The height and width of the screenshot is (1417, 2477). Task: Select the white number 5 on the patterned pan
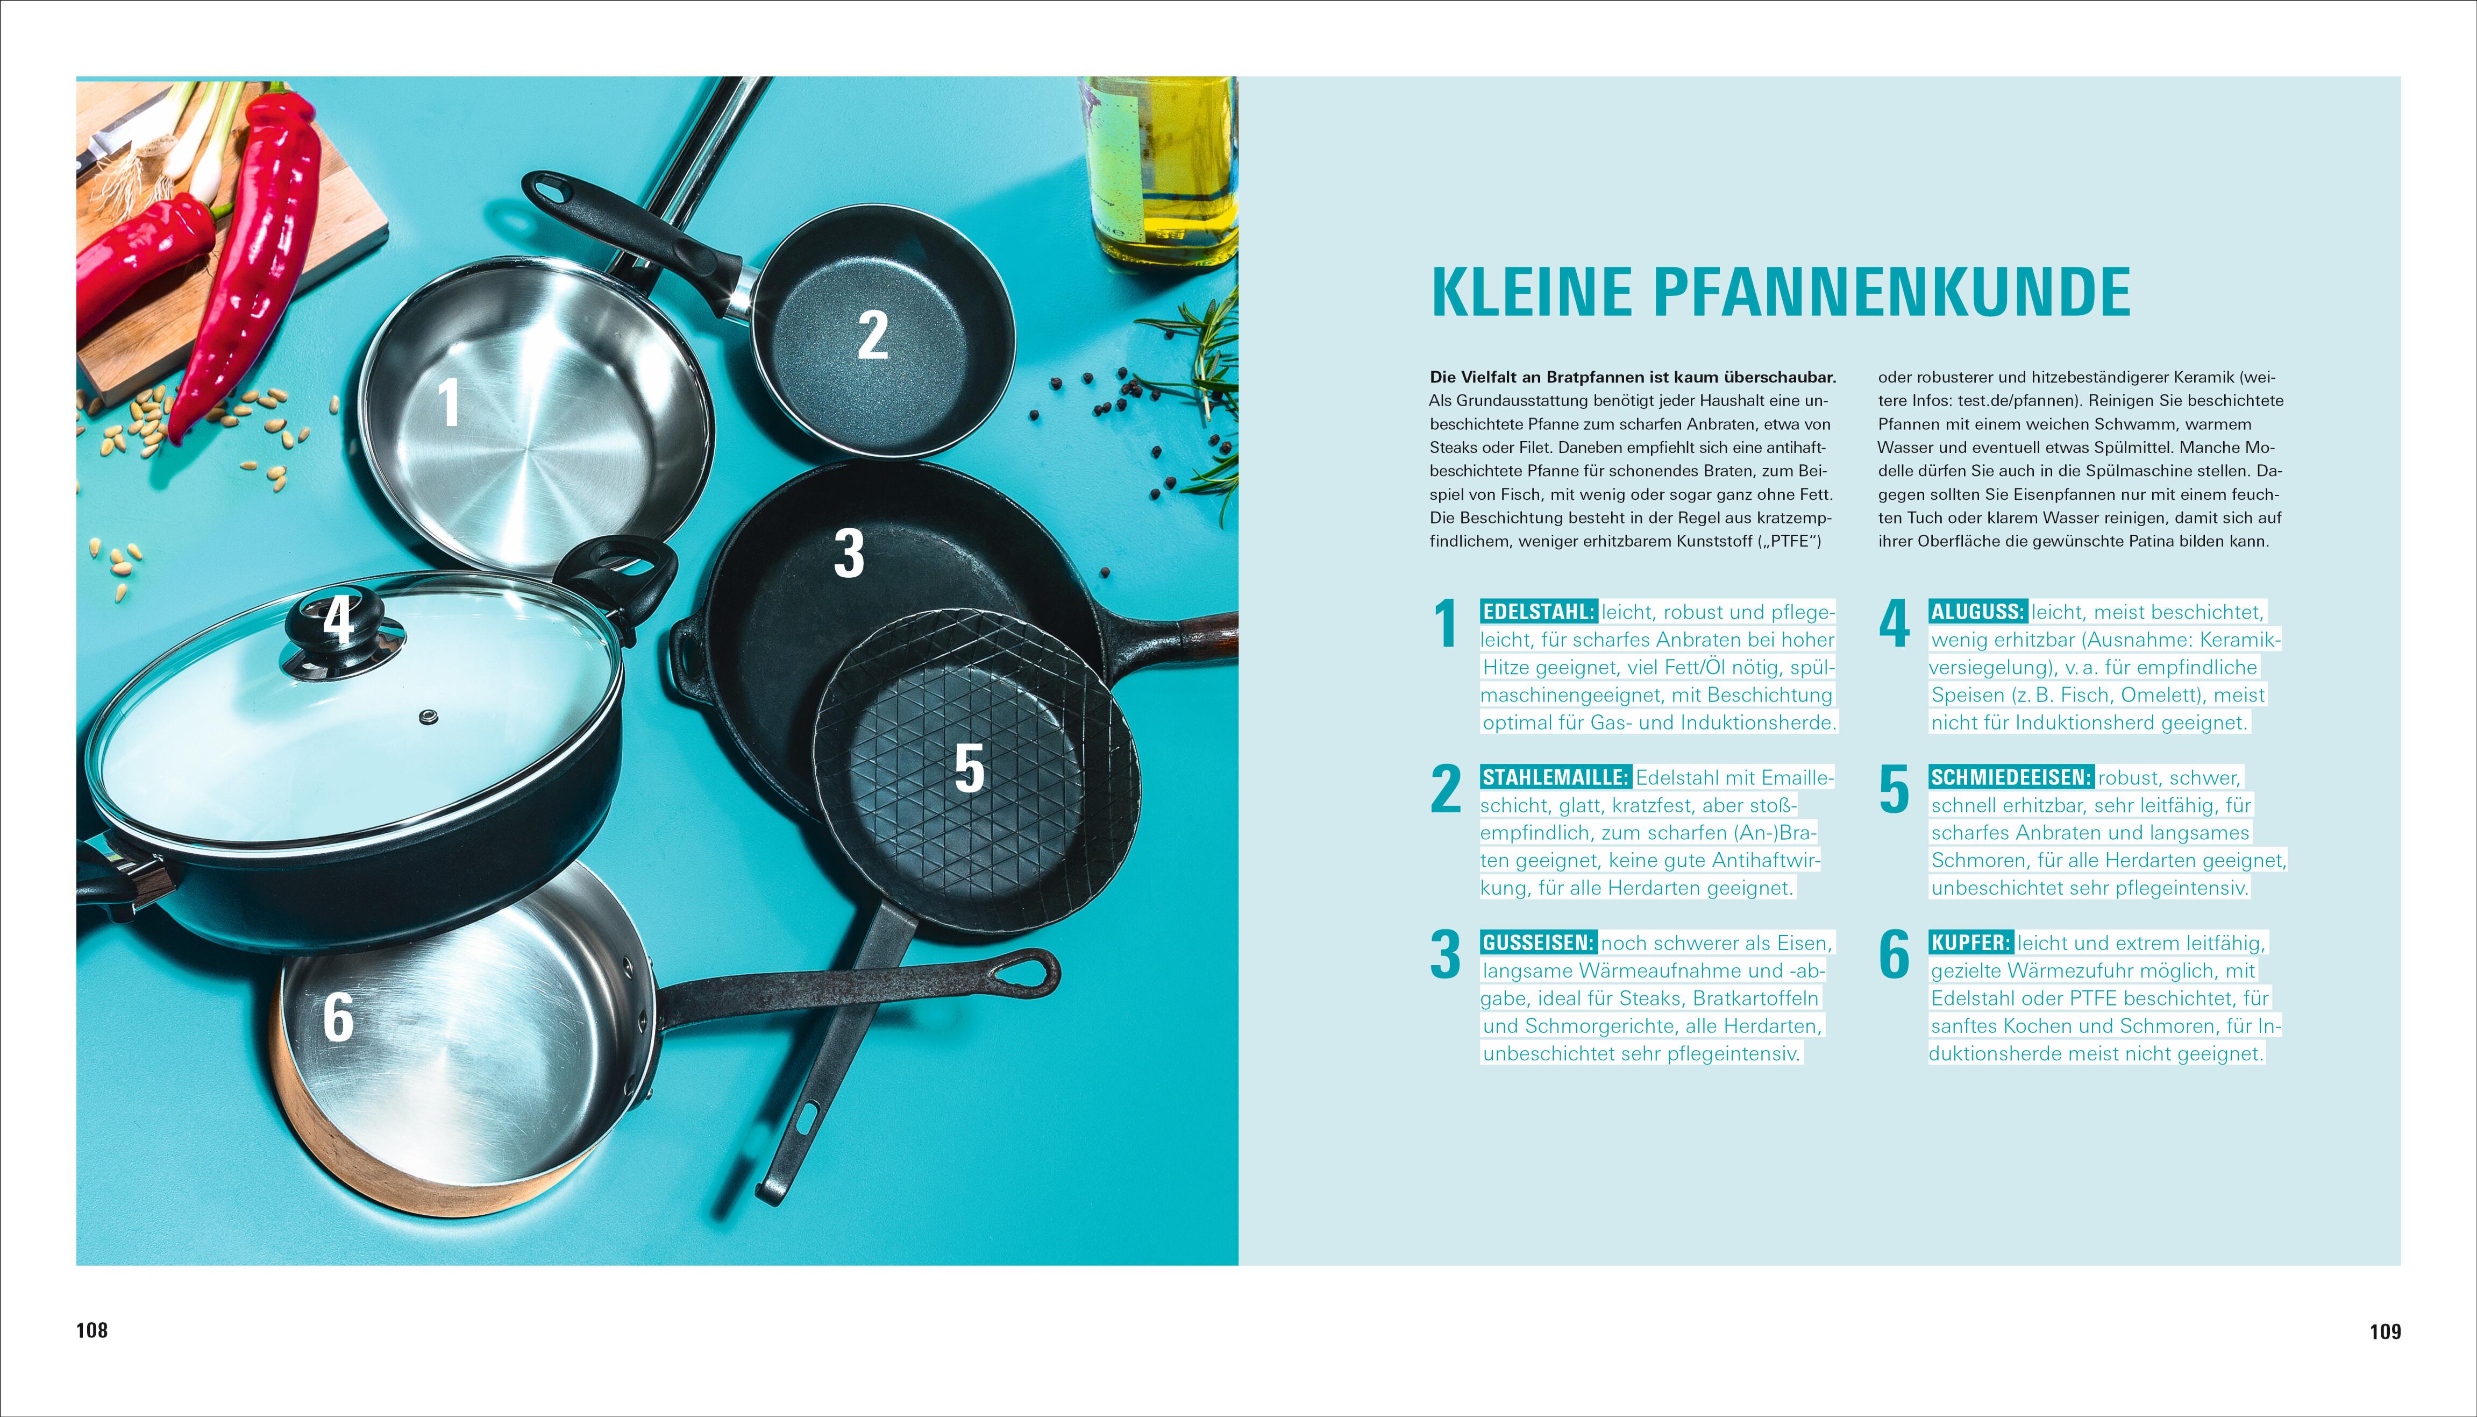(x=969, y=769)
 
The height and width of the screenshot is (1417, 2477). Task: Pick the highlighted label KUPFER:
(x=1970, y=943)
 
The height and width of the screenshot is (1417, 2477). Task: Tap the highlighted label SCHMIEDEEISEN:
(x=2011, y=777)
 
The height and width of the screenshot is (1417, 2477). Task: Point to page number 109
(x=2385, y=1331)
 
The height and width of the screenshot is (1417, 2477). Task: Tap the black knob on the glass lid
(x=339, y=628)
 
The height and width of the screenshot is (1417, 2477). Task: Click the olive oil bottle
(x=1158, y=171)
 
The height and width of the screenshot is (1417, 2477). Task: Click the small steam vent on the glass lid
(x=427, y=718)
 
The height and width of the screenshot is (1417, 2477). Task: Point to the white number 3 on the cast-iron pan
(x=849, y=553)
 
